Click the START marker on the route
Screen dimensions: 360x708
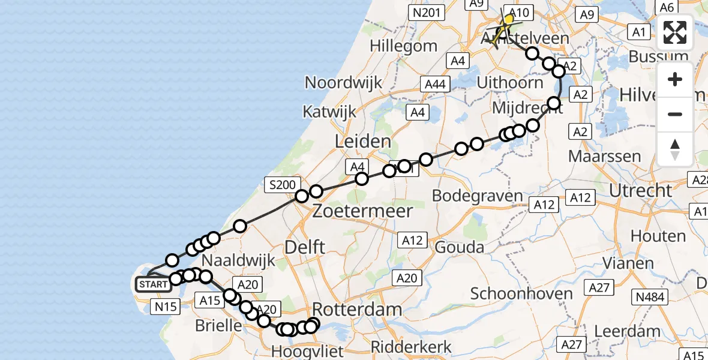pyautogui.click(x=153, y=284)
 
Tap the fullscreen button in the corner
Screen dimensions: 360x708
pyautogui.click(x=675, y=32)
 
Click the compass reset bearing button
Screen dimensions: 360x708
pyautogui.click(x=675, y=149)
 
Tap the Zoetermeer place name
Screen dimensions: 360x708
pyautogui.click(x=362, y=211)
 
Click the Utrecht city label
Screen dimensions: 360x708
pyautogui.click(x=640, y=190)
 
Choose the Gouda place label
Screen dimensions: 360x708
pyautogui.click(x=460, y=247)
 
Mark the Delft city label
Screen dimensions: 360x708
pyautogui.click(x=305, y=246)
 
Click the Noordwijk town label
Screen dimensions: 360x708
pyautogui.click(x=344, y=82)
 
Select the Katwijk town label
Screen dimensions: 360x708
pyautogui.click(x=329, y=112)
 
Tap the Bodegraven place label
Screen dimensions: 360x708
pyautogui.click(x=478, y=196)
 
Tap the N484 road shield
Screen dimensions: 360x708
pyautogui.click(x=650, y=296)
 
